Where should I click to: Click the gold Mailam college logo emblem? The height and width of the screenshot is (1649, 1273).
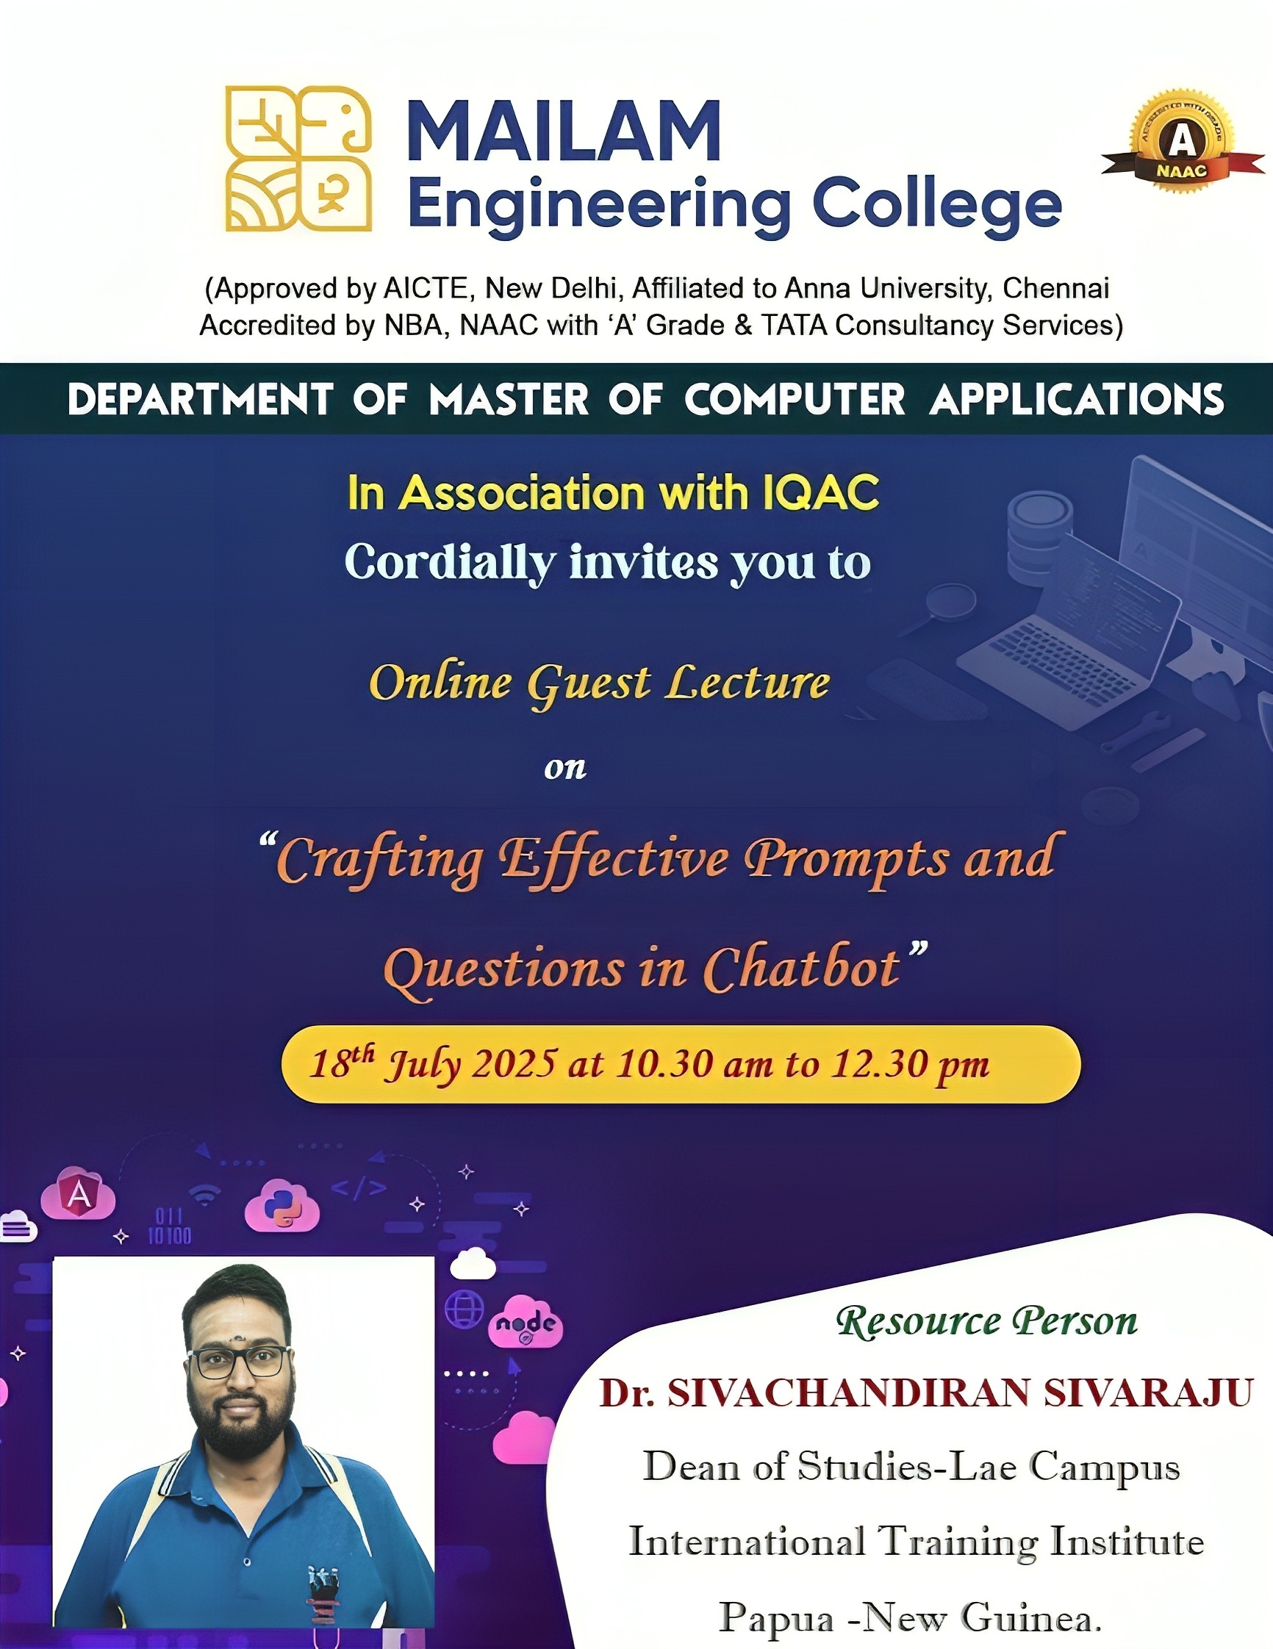tap(298, 159)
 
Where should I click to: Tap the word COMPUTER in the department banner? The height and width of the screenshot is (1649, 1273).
tap(795, 400)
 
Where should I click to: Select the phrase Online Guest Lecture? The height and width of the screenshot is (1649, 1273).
tap(600, 684)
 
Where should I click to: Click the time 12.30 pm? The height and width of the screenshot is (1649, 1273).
tap(911, 1065)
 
